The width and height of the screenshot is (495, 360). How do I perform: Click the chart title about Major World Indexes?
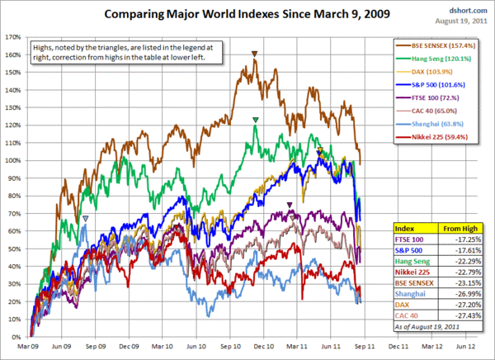247,15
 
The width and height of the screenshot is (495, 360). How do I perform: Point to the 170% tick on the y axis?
13,37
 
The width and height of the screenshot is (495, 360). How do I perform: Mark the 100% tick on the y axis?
13,161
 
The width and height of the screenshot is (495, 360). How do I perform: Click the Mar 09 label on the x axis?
30,348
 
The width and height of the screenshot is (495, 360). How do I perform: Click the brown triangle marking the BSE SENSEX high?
255,55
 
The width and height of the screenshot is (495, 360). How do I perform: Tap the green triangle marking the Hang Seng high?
257,121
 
